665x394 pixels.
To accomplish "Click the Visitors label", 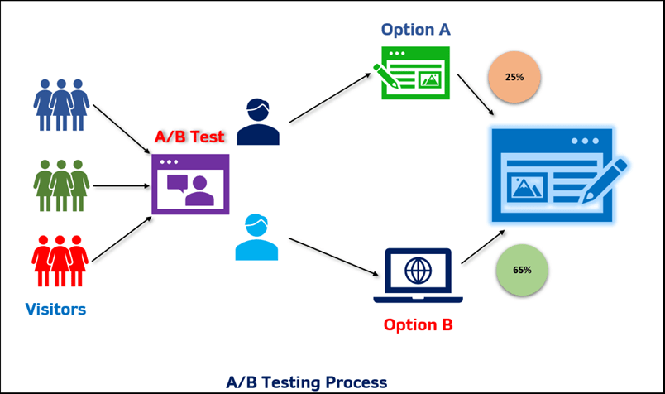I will tap(55, 310).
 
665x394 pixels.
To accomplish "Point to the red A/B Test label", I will tap(190, 136).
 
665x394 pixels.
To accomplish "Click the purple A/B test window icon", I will tap(190, 185).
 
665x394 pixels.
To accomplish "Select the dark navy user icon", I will tap(258, 122).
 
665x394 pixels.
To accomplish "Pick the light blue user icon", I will tap(256, 238).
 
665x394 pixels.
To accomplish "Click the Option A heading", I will tap(415, 30).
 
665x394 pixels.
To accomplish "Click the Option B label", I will tap(418, 324).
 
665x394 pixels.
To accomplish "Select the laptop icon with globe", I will tap(418, 276).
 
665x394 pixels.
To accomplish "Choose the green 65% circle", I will tap(522, 270).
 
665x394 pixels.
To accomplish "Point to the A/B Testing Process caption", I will tap(306, 382).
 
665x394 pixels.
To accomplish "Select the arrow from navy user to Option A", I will tap(328, 98).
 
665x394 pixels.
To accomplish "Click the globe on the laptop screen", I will tap(418, 270).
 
